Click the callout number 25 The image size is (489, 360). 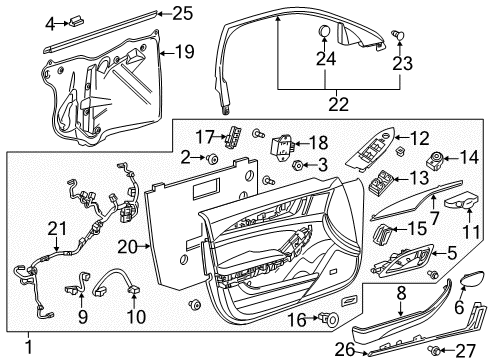pos(180,13)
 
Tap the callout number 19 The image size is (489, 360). pos(183,51)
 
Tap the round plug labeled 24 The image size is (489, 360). pos(327,32)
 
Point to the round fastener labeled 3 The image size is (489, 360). pos(270,163)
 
